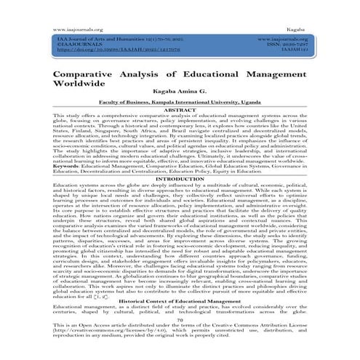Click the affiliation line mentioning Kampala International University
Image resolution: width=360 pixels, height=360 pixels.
point(180,106)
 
